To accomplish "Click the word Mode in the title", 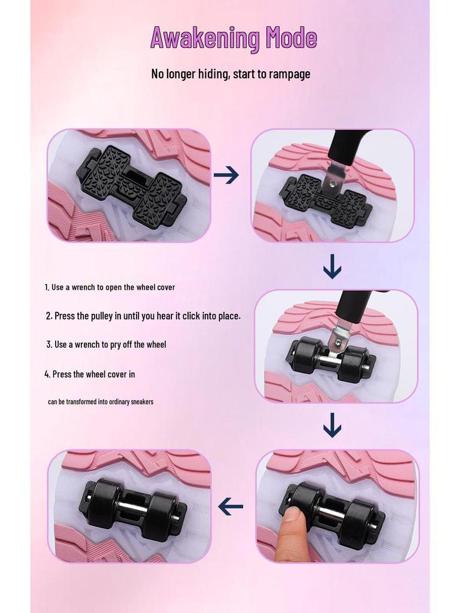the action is [292, 37].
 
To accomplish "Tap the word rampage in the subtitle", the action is [289, 74].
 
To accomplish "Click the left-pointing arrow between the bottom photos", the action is [231, 507].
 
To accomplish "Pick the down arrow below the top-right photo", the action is [332, 266].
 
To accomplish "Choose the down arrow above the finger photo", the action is [332, 426].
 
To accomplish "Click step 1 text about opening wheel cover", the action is [110, 287].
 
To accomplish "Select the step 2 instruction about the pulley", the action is [143, 316].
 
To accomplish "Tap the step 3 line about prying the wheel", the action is [106, 344].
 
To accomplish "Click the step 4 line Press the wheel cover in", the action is [90, 374].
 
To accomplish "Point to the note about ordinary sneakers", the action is [101, 402].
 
